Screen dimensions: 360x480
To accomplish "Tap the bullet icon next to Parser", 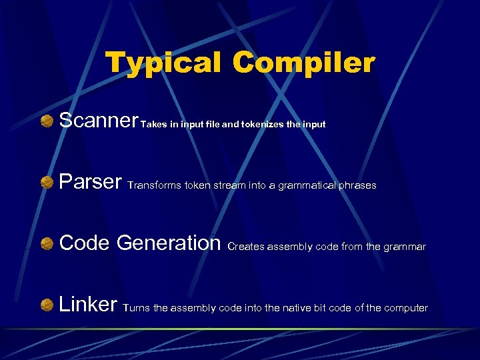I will [47, 182].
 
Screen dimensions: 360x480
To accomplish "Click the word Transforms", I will [153, 185].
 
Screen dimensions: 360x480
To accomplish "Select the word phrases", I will [358, 185].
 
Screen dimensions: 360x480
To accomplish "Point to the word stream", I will [230, 185].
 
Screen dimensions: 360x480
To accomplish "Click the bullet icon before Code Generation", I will [47, 243].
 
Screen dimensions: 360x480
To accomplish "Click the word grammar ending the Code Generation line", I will [405, 247].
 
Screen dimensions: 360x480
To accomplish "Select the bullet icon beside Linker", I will [47, 305].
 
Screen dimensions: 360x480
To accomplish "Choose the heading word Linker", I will [89, 304].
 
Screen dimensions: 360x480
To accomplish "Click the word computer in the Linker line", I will [406, 308].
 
